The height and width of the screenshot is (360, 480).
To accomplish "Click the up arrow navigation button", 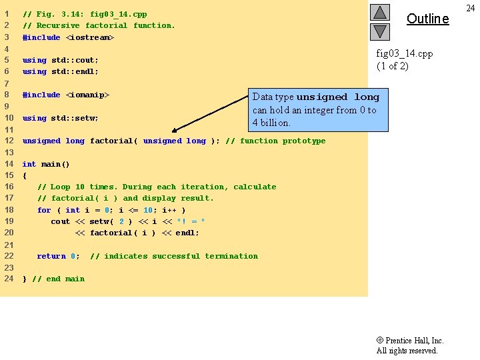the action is tap(379, 12).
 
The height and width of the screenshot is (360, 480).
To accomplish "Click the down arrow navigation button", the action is tap(379, 31).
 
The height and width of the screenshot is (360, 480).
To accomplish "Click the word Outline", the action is tap(427, 19).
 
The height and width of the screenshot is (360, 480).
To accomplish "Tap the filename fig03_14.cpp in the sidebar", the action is tap(405, 53).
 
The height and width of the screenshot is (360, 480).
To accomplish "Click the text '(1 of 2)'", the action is tap(392, 66).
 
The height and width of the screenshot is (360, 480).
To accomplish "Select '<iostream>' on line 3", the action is tap(90, 37).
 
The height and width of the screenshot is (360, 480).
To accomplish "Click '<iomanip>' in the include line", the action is tap(87, 95).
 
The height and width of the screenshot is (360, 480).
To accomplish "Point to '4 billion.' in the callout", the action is tap(271, 123).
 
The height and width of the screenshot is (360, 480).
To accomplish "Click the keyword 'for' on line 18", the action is tap(44, 210).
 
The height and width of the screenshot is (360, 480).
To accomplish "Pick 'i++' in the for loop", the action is tap(169, 210).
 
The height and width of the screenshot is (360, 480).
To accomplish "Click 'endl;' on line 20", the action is tap(187, 233).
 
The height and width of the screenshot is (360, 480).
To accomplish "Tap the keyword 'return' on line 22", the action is tap(51, 256).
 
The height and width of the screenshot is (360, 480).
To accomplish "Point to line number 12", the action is tap(9, 141).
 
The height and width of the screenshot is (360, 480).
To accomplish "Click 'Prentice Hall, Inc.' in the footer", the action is tap(414, 340).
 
